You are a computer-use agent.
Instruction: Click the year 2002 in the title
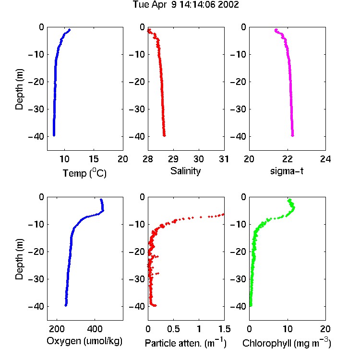click(228, 5)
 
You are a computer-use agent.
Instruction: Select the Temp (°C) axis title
click(84, 173)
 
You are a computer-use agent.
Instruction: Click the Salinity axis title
click(185, 171)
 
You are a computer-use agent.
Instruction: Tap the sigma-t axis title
click(287, 171)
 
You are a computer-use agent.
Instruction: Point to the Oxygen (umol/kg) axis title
click(84, 341)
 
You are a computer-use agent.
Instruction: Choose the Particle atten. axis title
click(185, 343)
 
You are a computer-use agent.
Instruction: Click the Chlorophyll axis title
click(287, 343)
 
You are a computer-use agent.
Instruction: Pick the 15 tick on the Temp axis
click(94, 159)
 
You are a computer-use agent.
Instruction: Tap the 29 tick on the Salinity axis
click(173, 159)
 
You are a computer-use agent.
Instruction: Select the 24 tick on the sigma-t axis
click(325, 159)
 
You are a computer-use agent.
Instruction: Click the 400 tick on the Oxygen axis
click(95, 329)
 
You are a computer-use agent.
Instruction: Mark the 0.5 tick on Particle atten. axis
click(173, 329)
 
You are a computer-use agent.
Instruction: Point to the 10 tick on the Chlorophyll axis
click(288, 329)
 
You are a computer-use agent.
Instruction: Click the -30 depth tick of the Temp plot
click(36, 109)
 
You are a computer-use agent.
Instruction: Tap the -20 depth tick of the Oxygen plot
click(36, 252)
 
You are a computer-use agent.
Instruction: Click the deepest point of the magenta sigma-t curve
click(292, 135)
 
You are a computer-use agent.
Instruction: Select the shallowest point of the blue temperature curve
click(69, 30)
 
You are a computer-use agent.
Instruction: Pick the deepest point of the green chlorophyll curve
click(251, 305)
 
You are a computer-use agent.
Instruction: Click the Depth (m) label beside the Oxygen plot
click(19, 259)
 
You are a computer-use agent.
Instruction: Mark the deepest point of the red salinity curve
click(164, 135)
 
